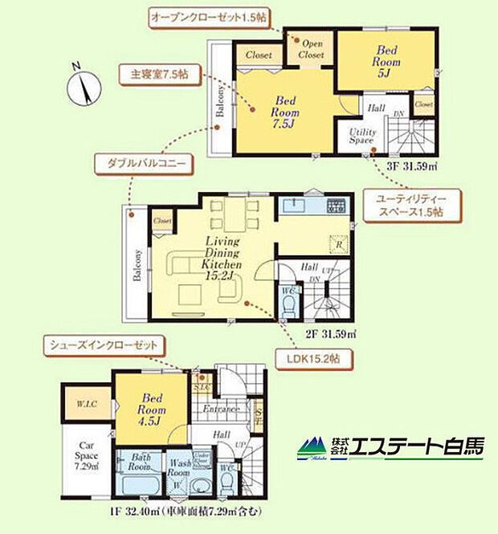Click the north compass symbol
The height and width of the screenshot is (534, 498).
pos(84,87)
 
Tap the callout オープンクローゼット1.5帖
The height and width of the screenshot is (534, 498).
pos(209,16)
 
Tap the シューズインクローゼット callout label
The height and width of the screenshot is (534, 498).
pos(106,345)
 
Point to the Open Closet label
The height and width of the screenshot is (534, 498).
pos(311,50)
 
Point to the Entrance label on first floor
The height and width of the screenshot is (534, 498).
pos(222,409)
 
